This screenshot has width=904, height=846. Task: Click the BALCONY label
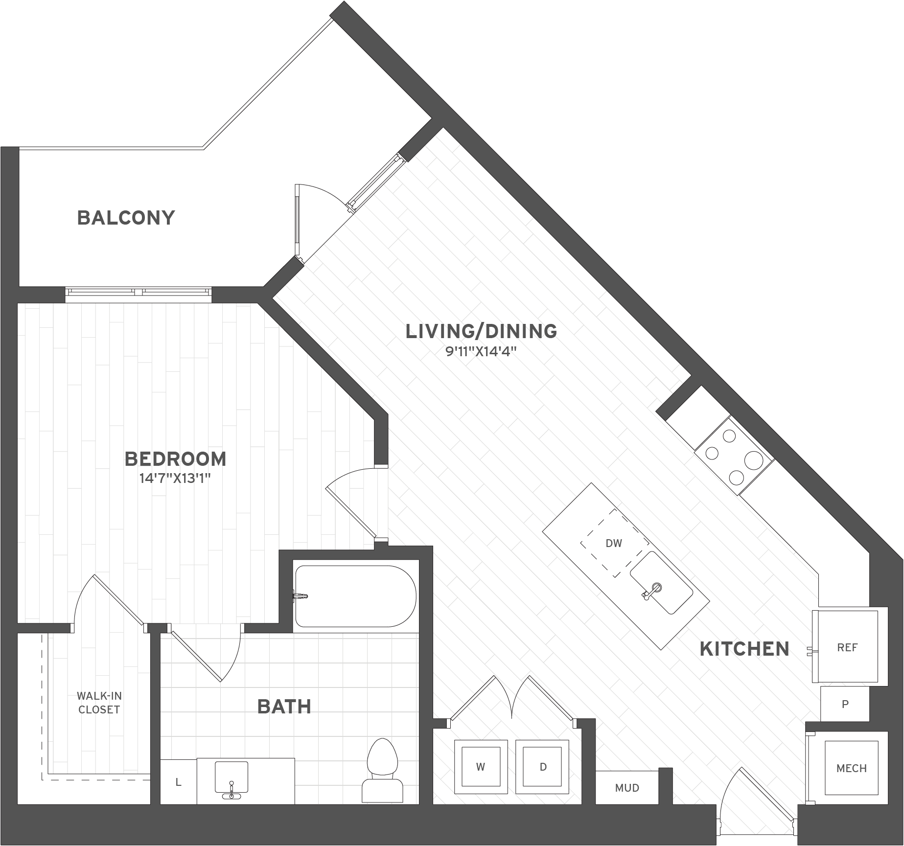pyautogui.click(x=126, y=218)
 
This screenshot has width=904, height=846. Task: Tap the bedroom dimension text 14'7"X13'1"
pyautogui.click(x=175, y=478)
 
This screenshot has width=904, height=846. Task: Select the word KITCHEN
pyautogui.click(x=744, y=649)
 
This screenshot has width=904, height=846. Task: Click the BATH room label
pyautogui.click(x=284, y=707)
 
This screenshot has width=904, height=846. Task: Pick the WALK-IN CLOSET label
pyautogui.click(x=99, y=703)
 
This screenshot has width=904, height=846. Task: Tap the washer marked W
pyautogui.click(x=481, y=767)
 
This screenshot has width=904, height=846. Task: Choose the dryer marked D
pyautogui.click(x=543, y=767)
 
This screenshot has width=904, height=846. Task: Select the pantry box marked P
pyautogui.click(x=845, y=704)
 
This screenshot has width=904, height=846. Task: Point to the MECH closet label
pyautogui.click(x=851, y=768)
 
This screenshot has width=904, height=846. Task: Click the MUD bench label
pyautogui.click(x=627, y=788)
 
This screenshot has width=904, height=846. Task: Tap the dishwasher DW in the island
pyautogui.click(x=614, y=543)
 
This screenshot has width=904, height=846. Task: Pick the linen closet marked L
pyautogui.click(x=179, y=782)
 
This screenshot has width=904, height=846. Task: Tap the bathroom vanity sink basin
pyautogui.click(x=231, y=777)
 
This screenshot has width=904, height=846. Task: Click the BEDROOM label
pyautogui.click(x=176, y=459)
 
